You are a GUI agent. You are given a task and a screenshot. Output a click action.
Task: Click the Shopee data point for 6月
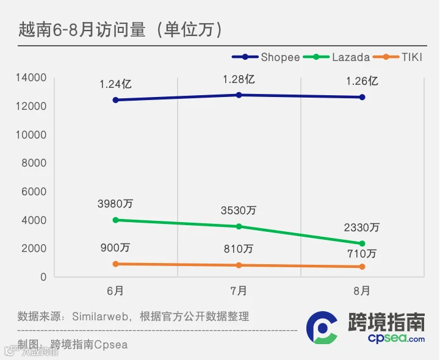tap(115, 100)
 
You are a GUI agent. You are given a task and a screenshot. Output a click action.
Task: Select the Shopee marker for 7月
tap(239, 95)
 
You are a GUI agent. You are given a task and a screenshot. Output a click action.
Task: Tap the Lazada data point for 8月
tap(362, 243)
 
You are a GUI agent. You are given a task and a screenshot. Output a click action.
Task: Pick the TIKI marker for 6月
tap(115, 264)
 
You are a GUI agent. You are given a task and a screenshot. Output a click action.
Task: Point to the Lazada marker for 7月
tap(239, 226)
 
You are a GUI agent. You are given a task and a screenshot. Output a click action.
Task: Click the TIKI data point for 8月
tap(362, 266)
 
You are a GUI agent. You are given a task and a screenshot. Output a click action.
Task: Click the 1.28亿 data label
tap(239, 79)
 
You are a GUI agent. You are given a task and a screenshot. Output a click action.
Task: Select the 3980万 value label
tap(115, 203)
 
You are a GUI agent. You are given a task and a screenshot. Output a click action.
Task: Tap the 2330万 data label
tap(362, 227)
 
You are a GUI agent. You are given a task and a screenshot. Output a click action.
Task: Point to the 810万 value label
tap(239, 249)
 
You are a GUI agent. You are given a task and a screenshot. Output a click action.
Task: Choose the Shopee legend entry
tap(265, 57)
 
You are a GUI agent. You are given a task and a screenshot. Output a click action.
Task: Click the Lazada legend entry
tap(336, 57)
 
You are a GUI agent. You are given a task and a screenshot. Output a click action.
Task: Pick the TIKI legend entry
tap(397, 57)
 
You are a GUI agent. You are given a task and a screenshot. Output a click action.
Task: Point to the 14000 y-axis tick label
tap(31, 77)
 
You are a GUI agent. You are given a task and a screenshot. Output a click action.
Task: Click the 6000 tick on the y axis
tap(34, 192)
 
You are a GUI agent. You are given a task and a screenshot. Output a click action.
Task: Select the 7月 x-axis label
tap(239, 291)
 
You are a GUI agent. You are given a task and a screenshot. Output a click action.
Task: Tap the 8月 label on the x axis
tap(362, 291)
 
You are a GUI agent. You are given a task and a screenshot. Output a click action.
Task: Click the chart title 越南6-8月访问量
tap(82, 29)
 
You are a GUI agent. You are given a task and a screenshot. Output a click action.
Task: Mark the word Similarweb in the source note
tap(100, 317)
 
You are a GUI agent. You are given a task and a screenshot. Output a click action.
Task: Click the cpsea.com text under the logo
tap(396, 339)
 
